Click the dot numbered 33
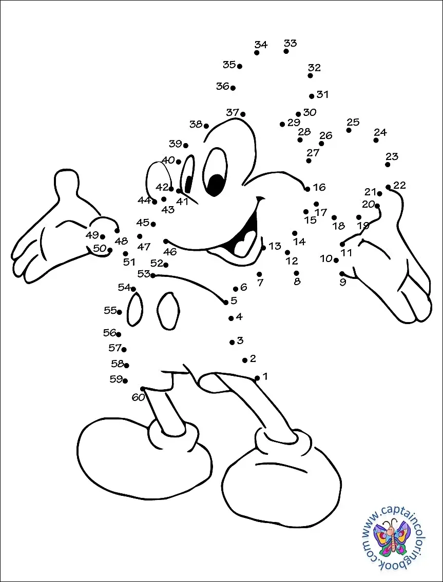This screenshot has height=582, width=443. tap(286, 51)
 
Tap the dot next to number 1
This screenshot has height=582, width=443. tap(257, 378)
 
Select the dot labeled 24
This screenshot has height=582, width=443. tap(376, 141)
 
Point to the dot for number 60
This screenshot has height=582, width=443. tap(143, 389)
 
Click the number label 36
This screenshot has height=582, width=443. tap(223, 87)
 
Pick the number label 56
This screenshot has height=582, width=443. tap(110, 333)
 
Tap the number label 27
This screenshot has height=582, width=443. tap(313, 153)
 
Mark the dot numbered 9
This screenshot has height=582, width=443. tap(342, 274)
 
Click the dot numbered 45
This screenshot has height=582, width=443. tap(153, 224)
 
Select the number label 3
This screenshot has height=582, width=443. tap(240, 340)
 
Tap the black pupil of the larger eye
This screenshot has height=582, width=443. tap(216, 185)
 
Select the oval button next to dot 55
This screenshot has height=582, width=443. tap(135, 309)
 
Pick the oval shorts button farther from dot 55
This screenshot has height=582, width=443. tap(168, 311)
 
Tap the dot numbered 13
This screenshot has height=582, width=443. tap(263, 248)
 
